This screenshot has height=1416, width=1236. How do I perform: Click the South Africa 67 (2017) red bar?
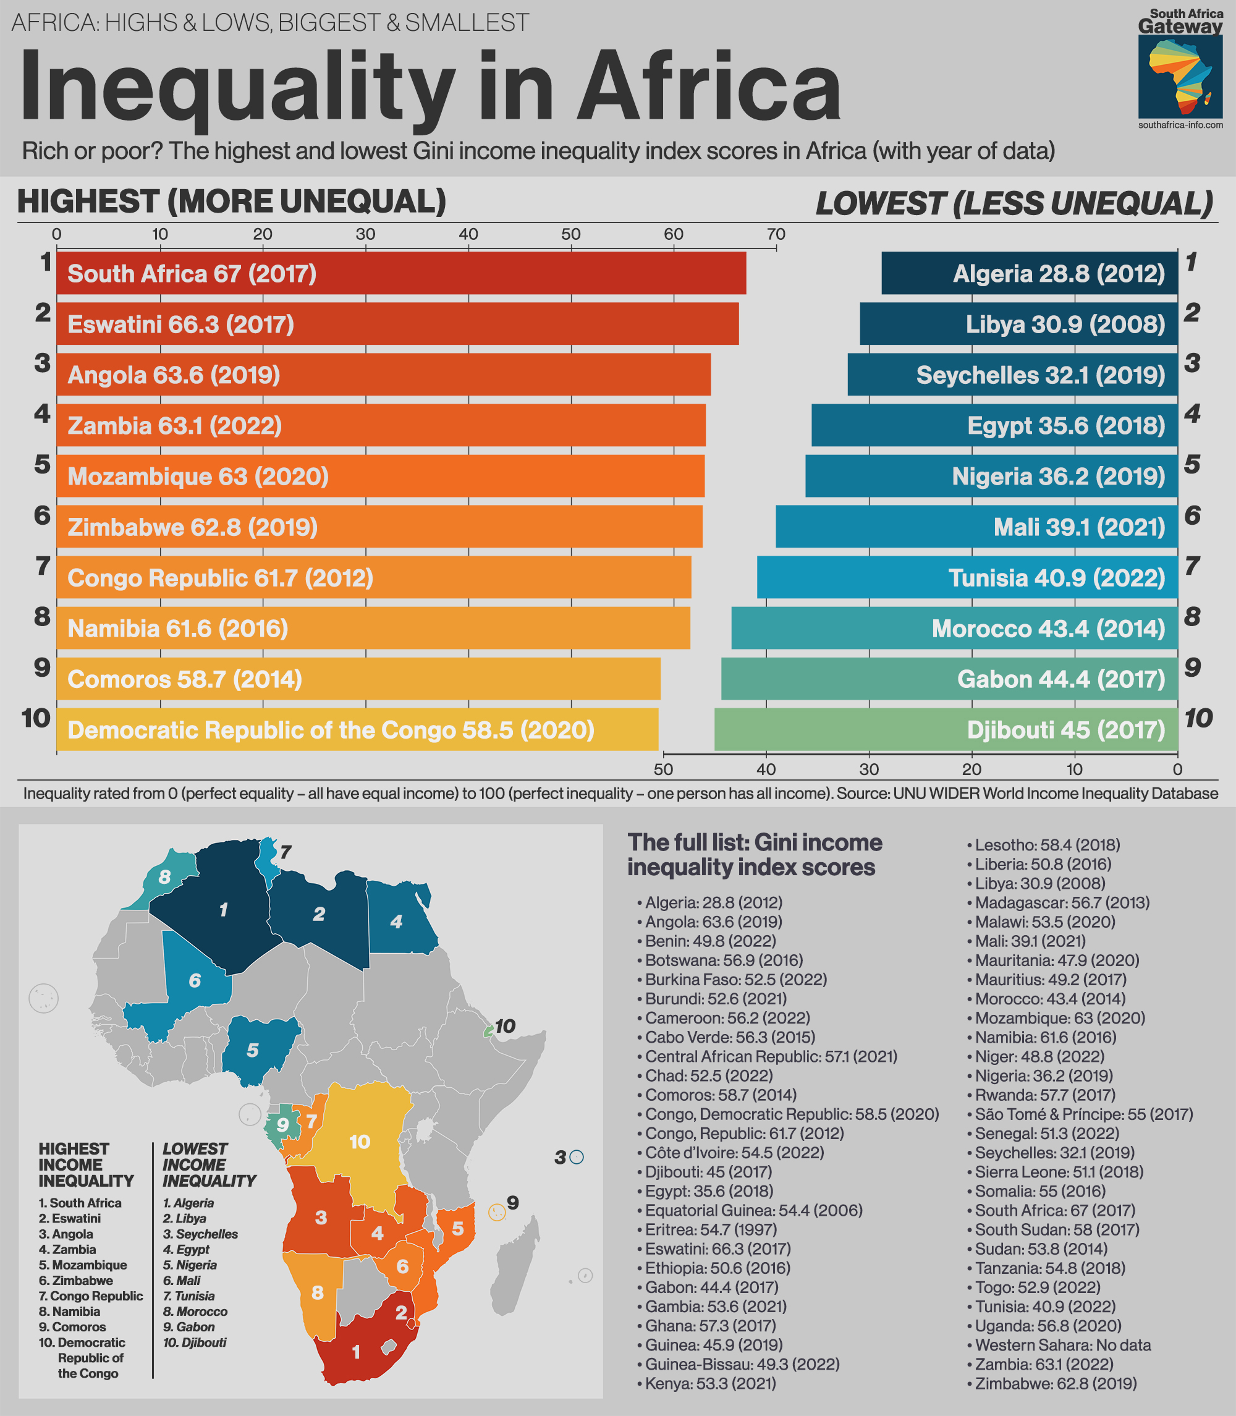pyautogui.click(x=400, y=273)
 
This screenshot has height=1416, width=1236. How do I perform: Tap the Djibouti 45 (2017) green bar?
pyautogui.click(x=946, y=729)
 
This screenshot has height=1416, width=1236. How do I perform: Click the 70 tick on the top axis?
pyautogui.click(x=776, y=234)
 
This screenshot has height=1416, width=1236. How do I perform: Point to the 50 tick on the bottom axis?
pyautogui.click(x=663, y=768)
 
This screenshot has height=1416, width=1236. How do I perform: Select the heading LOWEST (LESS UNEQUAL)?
pyautogui.click(x=1014, y=203)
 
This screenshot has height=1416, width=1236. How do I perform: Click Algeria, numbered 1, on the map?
pyautogui.click(x=221, y=910)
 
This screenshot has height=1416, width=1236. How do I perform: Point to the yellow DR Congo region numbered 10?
pyautogui.click(x=359, y=1142)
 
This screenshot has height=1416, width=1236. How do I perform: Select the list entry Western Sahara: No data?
pyautogui.click(x=1062, y=1345)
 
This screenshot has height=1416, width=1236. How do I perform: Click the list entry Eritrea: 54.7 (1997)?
pyautogui.click(x=711, y=1230)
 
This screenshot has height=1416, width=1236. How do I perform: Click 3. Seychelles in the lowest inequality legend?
pyautogui.click(x=200, y=1234)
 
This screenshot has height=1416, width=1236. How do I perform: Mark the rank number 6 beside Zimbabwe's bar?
pyautogui.click(x=42, y=516)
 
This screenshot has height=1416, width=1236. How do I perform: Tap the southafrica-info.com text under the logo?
pyautogui.click(x=1180, y=125)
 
